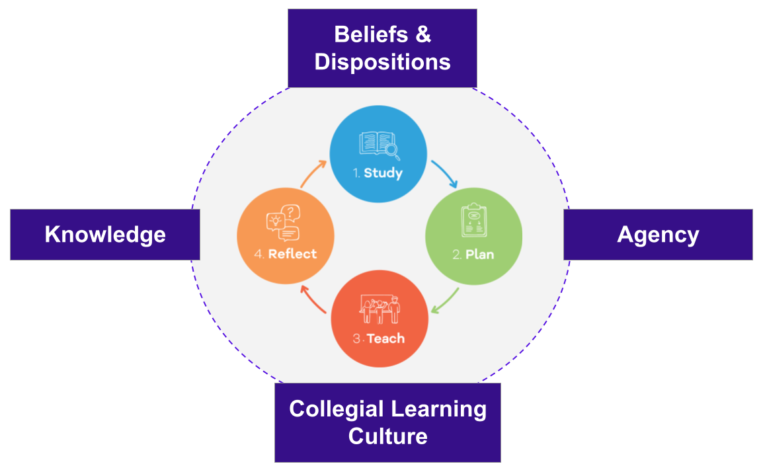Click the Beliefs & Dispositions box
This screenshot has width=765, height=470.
tap(382, 48)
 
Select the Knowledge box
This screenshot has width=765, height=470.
tap(105, 235)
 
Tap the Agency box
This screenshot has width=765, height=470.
tap(658, 235)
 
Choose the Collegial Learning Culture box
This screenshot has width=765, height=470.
tap(387, 422)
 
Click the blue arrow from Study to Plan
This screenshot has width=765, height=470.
tap(445, 173)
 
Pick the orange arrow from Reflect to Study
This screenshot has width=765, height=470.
tap(313, 173)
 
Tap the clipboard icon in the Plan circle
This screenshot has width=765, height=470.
tap(473, 221)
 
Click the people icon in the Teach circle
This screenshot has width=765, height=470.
tap(380, 309)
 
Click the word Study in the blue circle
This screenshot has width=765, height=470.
tap(383, 174)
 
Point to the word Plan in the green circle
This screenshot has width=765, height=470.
tap(480, 255)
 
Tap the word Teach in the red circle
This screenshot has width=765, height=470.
tap(385, 338)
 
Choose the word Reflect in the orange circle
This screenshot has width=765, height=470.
tap(292, 254)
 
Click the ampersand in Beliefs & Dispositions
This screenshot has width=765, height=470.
tap(424, 34)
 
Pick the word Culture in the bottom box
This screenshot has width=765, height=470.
tap(387, 436)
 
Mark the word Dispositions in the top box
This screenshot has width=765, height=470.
tap(382, 62)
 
